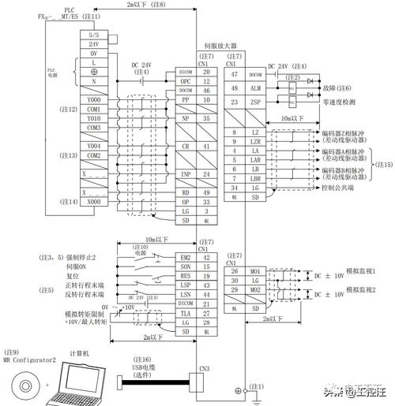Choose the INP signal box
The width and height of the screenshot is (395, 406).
point(184,173)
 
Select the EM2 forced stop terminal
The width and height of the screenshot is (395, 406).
point(184,257)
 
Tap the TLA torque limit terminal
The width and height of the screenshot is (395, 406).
point(184,313)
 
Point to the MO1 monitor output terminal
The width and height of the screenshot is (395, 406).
point(255,271)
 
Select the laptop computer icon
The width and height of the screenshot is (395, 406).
point(73,381)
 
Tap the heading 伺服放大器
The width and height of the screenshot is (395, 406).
point(220,47)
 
